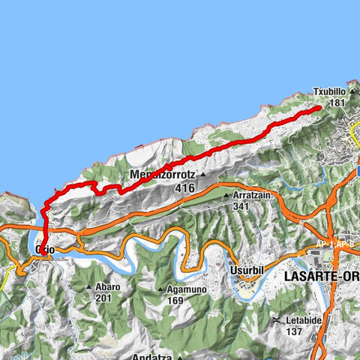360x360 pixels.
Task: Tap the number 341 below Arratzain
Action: coord(240,205)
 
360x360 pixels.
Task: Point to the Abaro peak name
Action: coord(107,287)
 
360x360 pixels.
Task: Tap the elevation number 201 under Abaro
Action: coord(103,298)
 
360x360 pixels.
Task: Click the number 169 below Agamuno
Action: coord(176,301)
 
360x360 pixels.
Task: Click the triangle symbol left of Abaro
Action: coord(88,287)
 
